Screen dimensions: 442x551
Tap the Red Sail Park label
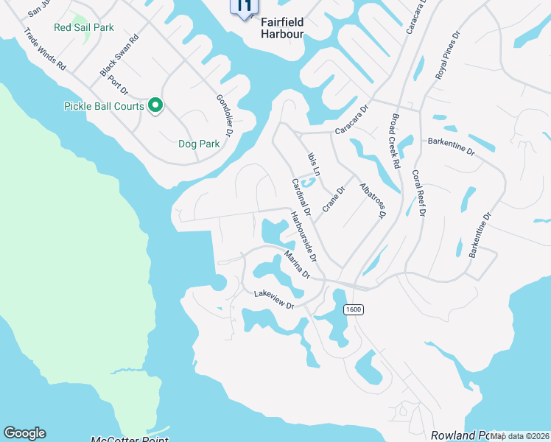(x=84, y=28)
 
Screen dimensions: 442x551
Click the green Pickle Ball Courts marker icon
(x=155, y=107)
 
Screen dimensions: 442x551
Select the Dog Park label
(x=199, y=144)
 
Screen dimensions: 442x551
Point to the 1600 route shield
(x=353, y=310)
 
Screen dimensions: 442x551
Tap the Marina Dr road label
(x=296, y=264)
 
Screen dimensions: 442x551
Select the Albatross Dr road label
(x=372, y=201)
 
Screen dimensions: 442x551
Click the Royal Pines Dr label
(x=448, y=55)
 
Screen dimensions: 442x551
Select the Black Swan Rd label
(x=119, y=56)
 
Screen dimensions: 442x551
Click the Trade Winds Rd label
(x=45, y=49)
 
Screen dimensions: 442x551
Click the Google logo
(x=24, y=433)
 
